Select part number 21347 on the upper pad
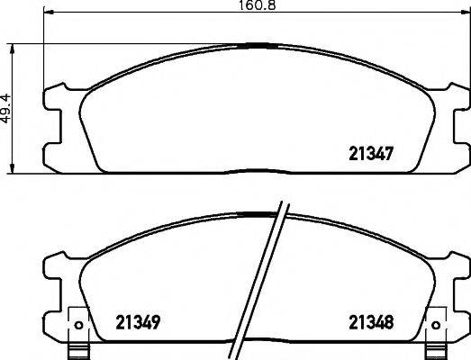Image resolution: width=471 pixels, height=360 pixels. coord(374,153)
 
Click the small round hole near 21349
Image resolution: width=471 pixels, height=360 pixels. coord(79,325)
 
